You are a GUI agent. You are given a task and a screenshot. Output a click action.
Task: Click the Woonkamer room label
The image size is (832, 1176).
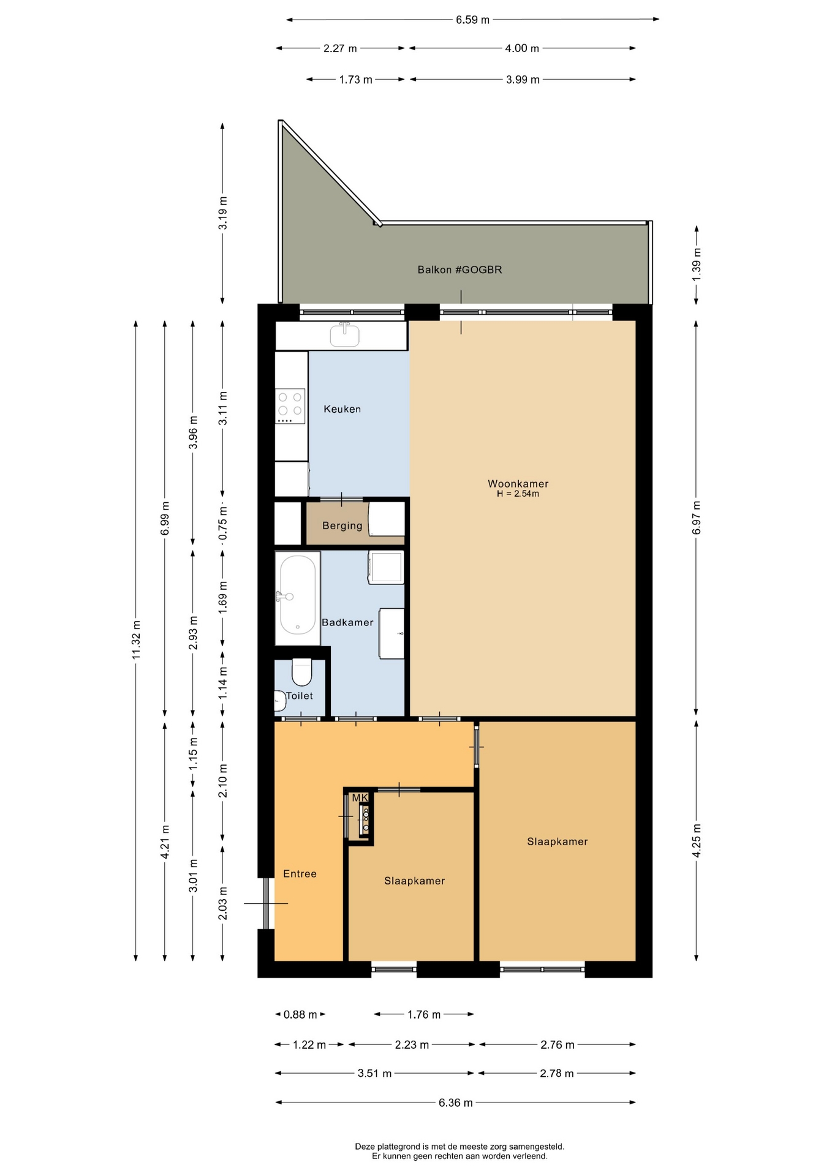click(518, 484)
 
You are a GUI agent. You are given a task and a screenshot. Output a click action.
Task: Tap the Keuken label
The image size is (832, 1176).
click(342, 409)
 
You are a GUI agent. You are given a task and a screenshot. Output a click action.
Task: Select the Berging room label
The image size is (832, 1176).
click(342, 526)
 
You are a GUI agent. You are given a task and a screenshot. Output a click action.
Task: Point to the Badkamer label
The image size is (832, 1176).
click(347, 622)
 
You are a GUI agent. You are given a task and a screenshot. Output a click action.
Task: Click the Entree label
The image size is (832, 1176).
click(300, 874)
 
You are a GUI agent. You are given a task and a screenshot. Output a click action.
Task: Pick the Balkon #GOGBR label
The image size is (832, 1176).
click(459, 269)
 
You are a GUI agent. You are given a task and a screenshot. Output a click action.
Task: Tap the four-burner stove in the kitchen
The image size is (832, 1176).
click(291, 406)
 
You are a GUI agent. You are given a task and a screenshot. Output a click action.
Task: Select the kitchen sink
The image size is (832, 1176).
click(345, 335)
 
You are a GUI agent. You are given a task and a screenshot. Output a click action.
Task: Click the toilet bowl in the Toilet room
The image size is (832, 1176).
click(301, 672)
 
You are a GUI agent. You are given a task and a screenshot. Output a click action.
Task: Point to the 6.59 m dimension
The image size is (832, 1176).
click(472, 20)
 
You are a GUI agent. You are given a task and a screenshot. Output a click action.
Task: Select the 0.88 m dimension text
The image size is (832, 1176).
click(300, 1015)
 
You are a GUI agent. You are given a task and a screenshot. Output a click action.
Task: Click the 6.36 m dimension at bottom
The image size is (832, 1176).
click(455, 1102)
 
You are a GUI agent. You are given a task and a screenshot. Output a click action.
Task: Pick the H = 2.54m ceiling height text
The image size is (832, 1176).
click(518, 494)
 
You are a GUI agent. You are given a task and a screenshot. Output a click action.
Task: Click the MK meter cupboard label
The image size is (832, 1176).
click(360, 797)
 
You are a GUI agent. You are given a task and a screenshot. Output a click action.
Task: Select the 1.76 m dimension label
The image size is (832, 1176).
click(424, 1015)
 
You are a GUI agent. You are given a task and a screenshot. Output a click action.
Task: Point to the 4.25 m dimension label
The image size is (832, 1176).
click(697, 842)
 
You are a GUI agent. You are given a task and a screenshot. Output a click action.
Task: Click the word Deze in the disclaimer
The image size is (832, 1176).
click(365, 1147)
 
